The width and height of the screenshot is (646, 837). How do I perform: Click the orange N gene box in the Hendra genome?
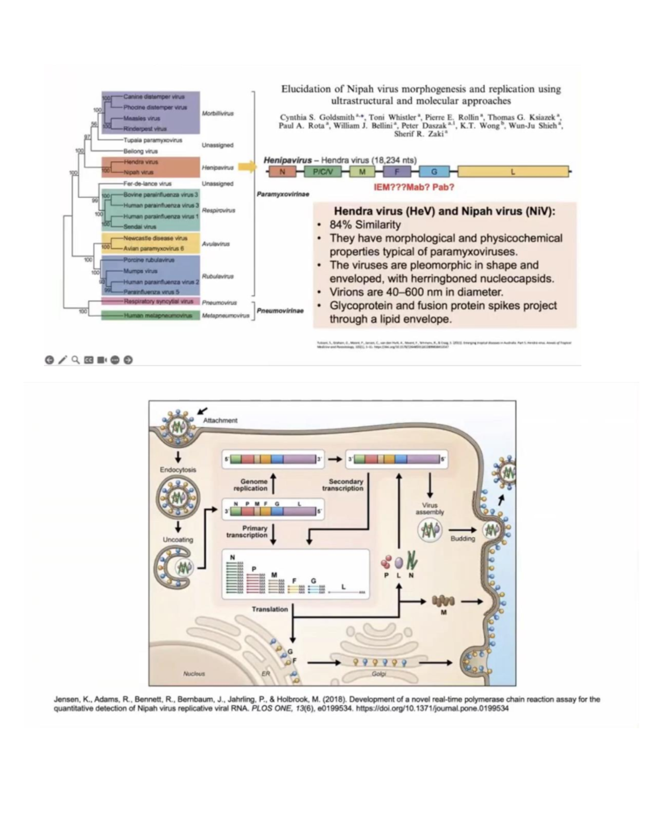click(x=282, y=172)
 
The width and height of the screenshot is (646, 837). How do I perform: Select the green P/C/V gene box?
click(x=323, y=172)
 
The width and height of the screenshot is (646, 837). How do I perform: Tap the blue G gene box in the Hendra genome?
click(x=433, y=172)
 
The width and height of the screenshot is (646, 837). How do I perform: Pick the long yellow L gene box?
click(x=512, y=172)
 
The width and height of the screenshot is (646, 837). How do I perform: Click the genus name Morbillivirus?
click(x=217, y=114)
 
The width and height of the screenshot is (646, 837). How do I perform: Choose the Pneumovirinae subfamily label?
click(x=280, y=311)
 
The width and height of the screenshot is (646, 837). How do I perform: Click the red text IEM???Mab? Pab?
click(x=413, y=188)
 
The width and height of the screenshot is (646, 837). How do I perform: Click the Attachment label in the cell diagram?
click(x=220, y=420)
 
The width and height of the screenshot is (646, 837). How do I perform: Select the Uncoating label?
click(x=178, y=539)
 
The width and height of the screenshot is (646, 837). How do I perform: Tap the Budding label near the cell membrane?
click(x=462, y=538)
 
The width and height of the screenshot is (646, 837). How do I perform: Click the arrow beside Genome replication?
click(x=273, y=483)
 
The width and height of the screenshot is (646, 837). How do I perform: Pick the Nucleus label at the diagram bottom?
click(x=194, y=674)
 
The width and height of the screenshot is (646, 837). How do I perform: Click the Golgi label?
click(x=378, y=674)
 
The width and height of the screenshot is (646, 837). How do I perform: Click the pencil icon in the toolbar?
click(x=62, y=360)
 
